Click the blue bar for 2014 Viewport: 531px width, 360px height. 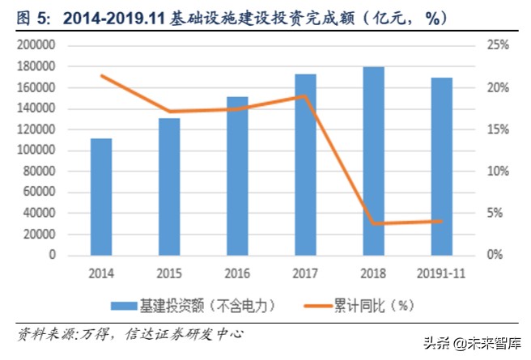[x=101, y=197]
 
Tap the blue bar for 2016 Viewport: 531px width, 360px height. [x=237, y=176]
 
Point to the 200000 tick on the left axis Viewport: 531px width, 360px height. [x=36, y=46]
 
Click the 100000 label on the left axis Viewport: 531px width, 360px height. [x=36, y=150]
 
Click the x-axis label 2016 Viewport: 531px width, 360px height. [x=237, y=273]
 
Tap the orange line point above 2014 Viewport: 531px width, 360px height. [x=101, y=76]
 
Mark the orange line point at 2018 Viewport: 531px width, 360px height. [x=373, y=223]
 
